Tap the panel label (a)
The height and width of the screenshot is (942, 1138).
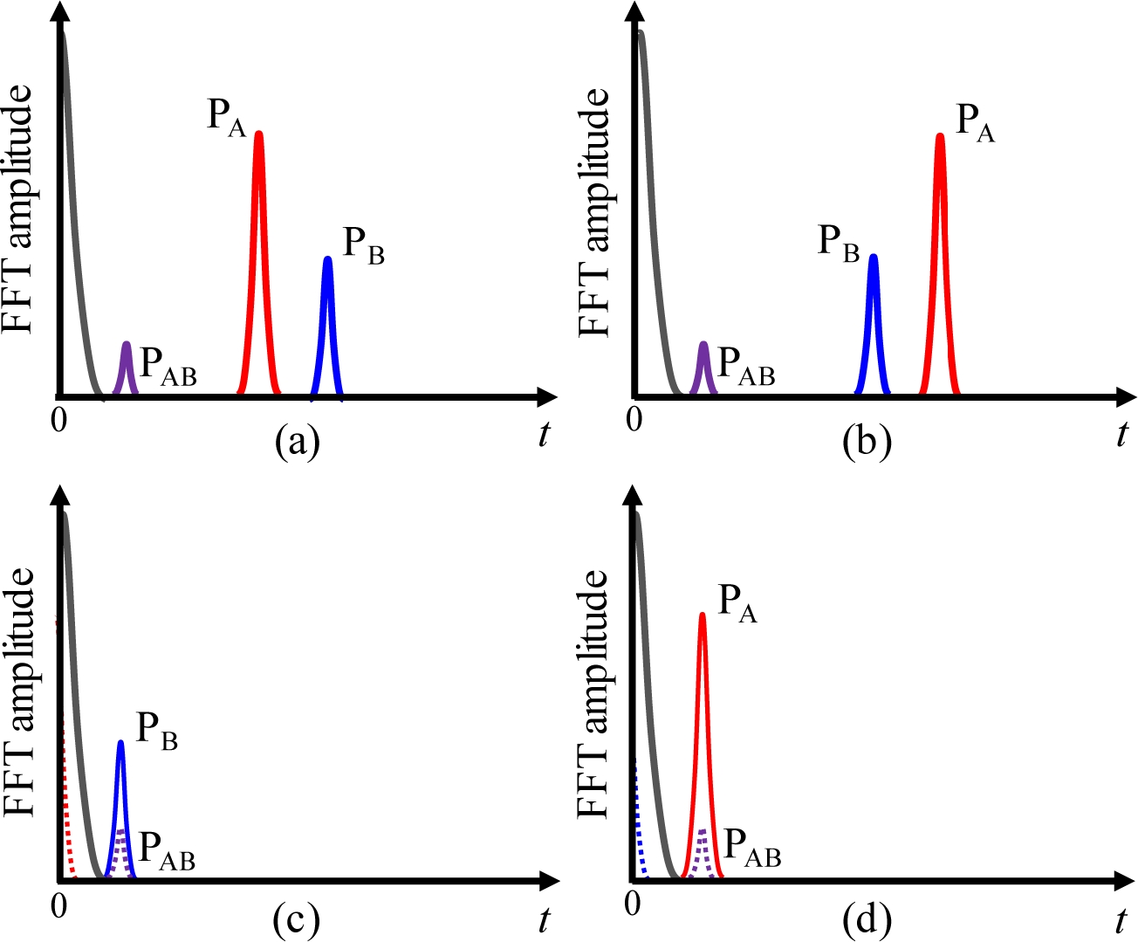tap(297, 442)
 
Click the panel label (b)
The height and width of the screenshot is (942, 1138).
tap(867, 442)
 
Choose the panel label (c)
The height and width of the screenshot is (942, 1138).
tap(296, 919)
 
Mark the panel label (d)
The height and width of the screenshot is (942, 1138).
tap(867, 919)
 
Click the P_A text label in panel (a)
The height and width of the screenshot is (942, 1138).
tap(226, 117)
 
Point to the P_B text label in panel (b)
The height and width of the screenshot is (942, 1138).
tap(839, 243)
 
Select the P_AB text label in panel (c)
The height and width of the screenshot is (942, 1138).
tap(167, 850)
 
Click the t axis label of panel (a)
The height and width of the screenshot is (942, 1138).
tap(545, 434)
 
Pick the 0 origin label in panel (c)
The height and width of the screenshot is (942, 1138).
tap(58, 906)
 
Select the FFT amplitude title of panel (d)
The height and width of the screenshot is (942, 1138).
tap(593, 694)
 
